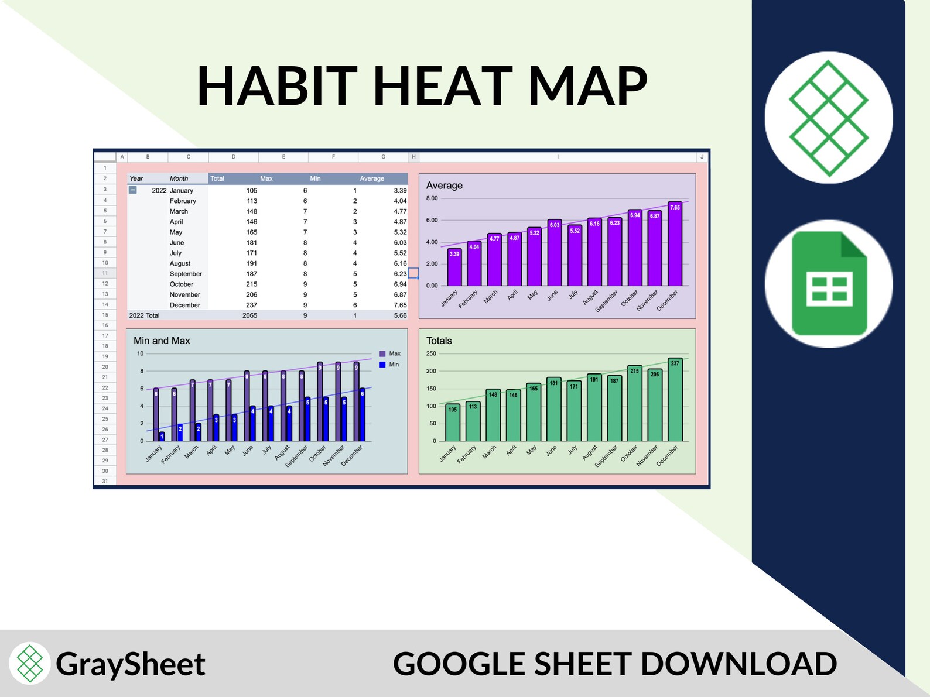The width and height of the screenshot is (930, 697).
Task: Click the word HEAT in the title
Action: pos(442,86)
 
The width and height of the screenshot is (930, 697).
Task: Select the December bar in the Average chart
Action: pos(675,246)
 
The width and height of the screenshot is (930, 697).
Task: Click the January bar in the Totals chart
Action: pos(452,423)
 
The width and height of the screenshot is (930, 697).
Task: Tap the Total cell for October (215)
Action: pos(251,284)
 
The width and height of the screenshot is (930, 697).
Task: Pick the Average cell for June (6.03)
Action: pos(400,243)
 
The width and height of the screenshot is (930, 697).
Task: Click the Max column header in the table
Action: pos(266,178)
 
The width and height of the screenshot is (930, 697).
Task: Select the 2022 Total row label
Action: pos(145,315)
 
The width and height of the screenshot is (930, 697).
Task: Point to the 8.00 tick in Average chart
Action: pos(432,198)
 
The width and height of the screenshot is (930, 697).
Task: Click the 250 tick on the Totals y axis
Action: pos(431,353)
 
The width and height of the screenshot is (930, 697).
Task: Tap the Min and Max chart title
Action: pos(162,341)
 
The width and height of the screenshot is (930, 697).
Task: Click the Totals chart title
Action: pos(439,341)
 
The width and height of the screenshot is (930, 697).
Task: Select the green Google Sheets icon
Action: pos(829,284)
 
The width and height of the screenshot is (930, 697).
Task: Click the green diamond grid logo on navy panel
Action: pos(828,118)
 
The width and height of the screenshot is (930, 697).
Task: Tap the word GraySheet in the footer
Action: pos(130,664)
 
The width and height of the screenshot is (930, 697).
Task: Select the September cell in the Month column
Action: pos(186,274)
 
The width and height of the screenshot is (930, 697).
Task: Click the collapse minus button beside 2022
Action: pos(133,190)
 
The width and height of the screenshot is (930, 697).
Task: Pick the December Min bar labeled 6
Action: pos(363,414)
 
